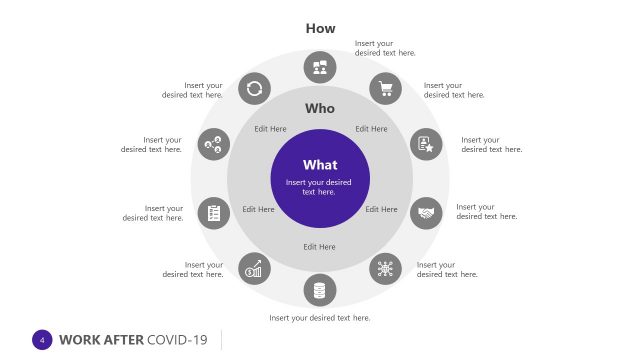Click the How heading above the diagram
pos(320,28)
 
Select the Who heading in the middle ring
pos(320,108)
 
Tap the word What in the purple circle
pos(320,165)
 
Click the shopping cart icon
pos(385,89)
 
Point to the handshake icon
pos(427,212)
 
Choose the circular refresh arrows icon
pos(254,89)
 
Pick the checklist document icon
pos(213,212)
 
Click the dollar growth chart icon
pos(254,268)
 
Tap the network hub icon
pos(385,268)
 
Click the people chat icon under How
pos(320,67)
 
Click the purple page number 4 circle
pos(42,340)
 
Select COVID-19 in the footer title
pos(177,340)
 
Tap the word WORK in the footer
pos(79,340)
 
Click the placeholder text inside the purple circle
pos(320,187)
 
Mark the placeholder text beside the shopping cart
pos(453,90)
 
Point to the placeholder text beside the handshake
pos(486,212)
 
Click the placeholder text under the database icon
pos(320,318)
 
